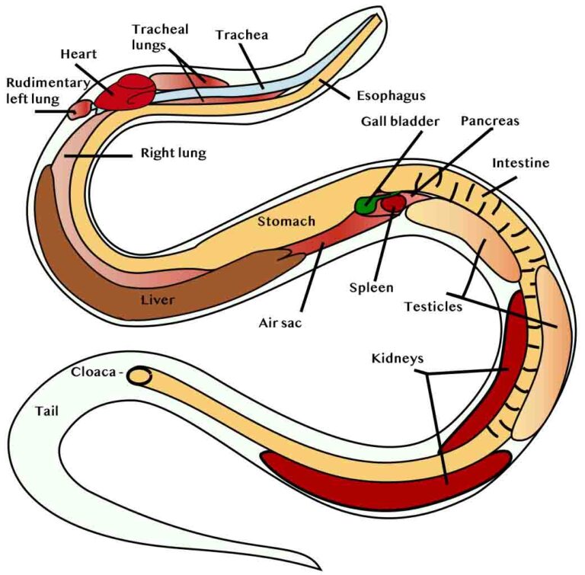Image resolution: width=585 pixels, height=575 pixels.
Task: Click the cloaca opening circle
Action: pyautogui.click(x=139, y=375)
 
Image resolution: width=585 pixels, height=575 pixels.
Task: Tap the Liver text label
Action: pyautogui.click(x=158, y=299)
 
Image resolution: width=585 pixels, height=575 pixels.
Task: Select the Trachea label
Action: pyautogui.click(x=241, y=35)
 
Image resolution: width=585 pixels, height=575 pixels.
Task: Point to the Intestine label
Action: pyautogui.click(x=521, y=163)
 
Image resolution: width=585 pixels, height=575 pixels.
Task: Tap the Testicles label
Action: pyautogui.click(x=433, y=307)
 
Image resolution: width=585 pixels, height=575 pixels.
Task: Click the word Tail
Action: pyautogui.click(x=46, y=410)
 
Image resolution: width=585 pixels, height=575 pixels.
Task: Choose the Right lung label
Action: pyautogui.click(x=174, y=153)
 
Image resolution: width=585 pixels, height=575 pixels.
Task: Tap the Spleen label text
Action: pyautogui.click(x=372, y=288)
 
